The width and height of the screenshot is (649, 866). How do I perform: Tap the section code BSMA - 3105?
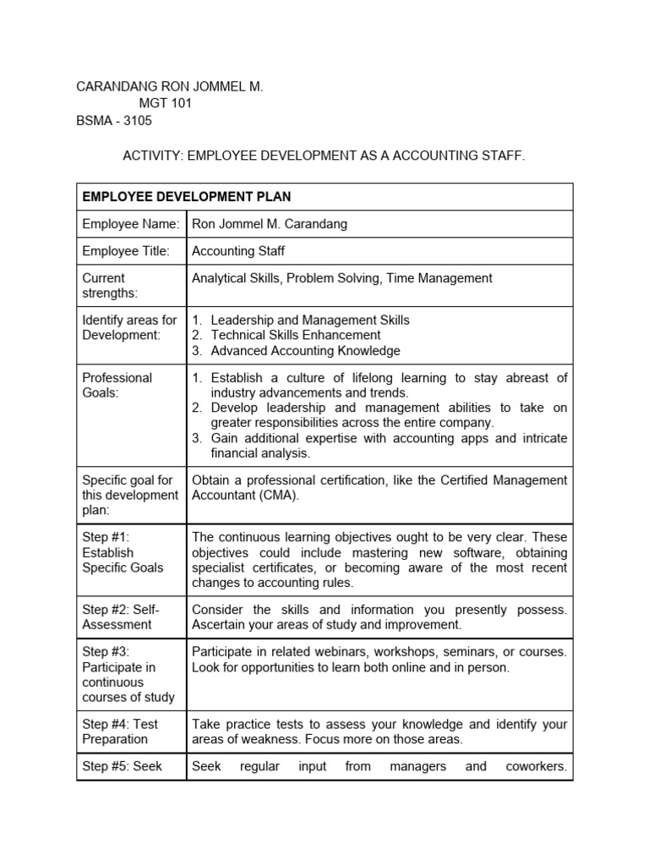[x=114, y=121]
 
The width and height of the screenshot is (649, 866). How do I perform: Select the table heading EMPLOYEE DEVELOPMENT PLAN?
[x=186, y=197]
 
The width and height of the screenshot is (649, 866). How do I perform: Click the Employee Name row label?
[x=130, y=224]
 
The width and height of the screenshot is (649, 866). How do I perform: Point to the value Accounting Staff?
[x=237, y=250]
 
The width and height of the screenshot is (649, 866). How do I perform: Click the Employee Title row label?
[x=126, y=250]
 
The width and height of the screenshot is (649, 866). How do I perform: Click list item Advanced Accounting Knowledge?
[x=305, y=350]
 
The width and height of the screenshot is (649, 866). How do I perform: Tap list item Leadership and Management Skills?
[x=309, y=320]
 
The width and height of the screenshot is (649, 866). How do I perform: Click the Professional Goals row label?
[x=117, y=385]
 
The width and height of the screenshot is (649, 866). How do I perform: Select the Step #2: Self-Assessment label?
[x=121, y=617]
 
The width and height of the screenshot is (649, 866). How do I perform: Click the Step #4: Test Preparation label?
[x=119, y=731]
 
